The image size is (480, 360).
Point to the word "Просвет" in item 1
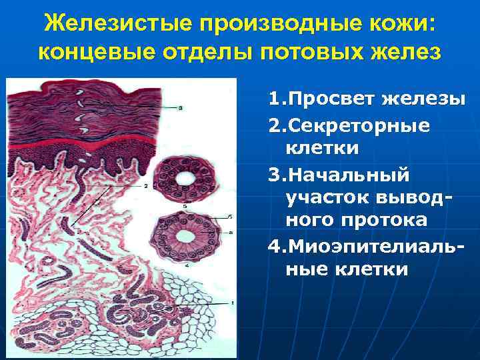331,99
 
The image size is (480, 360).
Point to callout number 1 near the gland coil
232,303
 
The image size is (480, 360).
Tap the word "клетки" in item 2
323,147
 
